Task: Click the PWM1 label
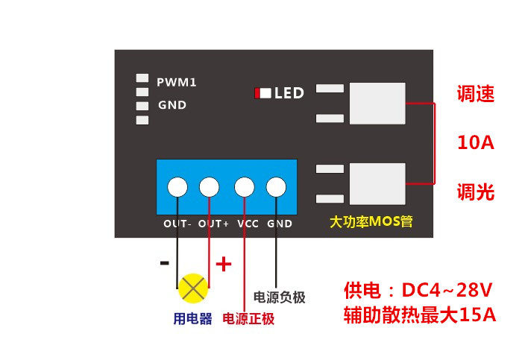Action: tap(176, 82)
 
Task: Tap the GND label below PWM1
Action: tap(172, 105)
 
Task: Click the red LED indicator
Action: tap(257, 93)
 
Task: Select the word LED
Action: tap(289, 93)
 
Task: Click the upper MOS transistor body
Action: tap(377, 104)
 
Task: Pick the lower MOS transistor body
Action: tap(377, 183)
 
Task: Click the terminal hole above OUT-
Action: tap(177, 186)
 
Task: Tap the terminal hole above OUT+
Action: tap(210, 186)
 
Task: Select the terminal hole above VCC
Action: tap(244, 186)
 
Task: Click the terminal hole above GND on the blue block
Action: tap(277, 186)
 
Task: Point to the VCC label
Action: tap(248, 224)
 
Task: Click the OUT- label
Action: tap(178, 224)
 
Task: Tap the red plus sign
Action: tap(224, 264)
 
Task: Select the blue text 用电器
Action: tap(192, 319)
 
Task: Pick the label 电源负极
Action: tap(280, 297)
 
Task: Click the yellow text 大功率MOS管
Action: tap(371, 221)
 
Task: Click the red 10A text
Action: tap(476, 143)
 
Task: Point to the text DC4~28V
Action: tap(447, 289)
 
